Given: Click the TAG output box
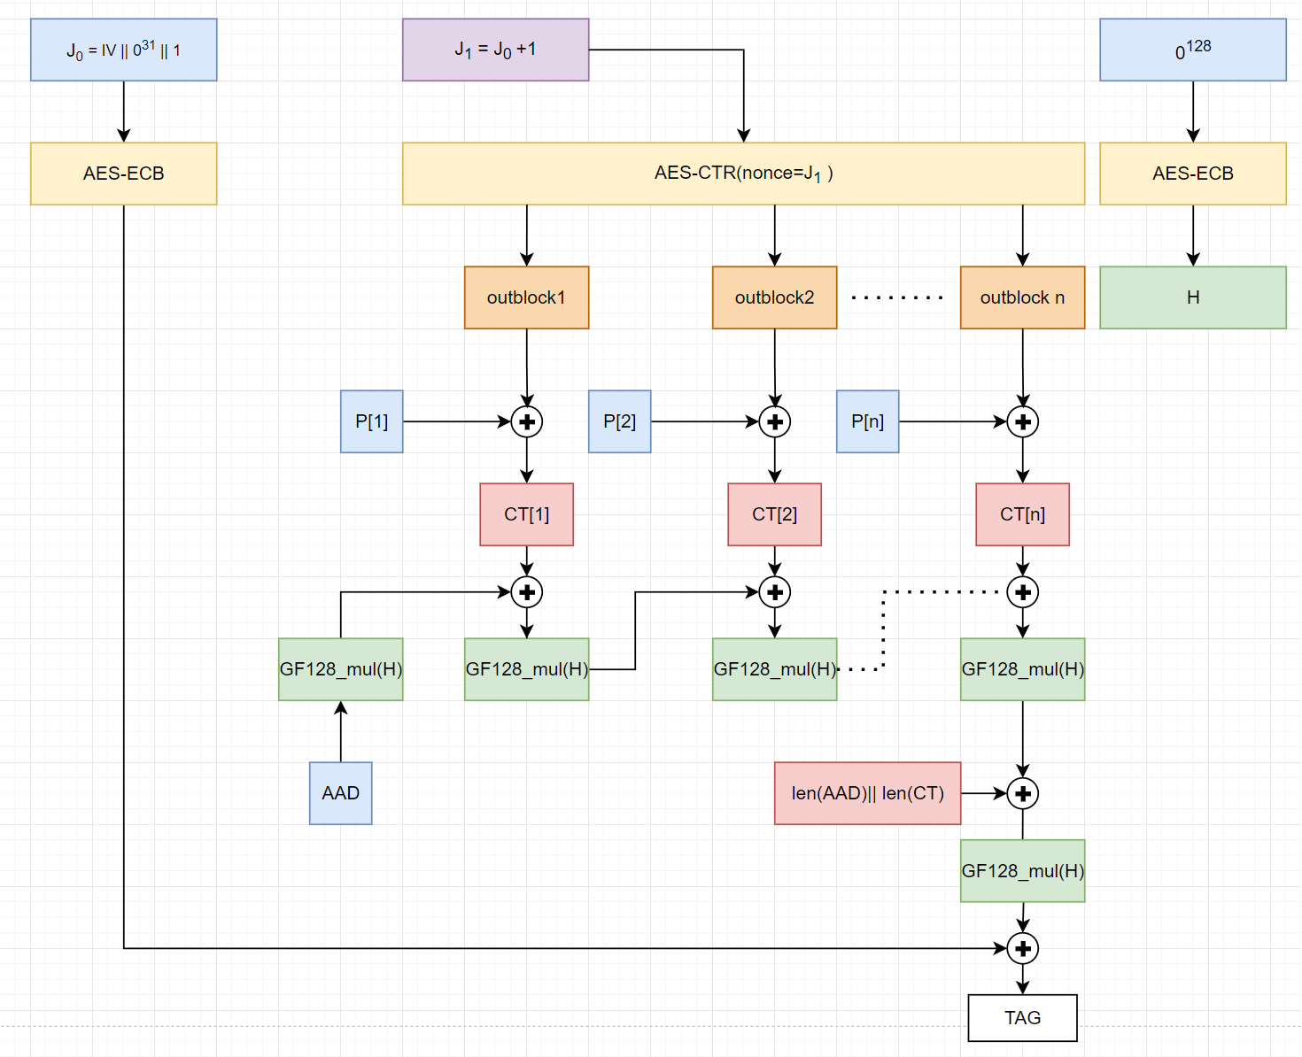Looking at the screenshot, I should coord(1022,1017).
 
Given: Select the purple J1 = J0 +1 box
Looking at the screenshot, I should coord(495,50).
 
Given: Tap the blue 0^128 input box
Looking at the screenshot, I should coord(1192,50).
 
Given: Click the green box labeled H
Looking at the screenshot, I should coord(1192,297).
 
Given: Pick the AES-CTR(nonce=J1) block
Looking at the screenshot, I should coord(743,174).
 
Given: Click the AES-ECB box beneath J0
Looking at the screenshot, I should coord(123,174).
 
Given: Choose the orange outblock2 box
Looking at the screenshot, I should coord(774,297).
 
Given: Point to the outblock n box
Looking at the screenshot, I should coord(1022,297).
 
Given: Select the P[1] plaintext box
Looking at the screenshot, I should coord(371,421).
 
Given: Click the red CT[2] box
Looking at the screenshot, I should coord(774,514).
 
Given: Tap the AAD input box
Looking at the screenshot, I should coord(340,793).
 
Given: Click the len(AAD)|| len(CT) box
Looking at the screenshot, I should coord(867,793).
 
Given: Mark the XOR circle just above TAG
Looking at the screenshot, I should coord(1023,948).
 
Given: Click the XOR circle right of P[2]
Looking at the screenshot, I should coord(775,421).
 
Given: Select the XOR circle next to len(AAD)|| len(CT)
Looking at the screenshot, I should coord(1023,793).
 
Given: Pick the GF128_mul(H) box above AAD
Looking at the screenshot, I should coord(340,669).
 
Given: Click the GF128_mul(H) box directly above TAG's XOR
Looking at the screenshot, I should coord(1022,871).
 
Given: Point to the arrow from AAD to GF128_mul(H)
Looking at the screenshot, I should coord(341,732).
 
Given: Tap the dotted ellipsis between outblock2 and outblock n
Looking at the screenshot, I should coord(897,297).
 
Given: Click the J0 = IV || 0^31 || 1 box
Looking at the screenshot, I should coord(123,50).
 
